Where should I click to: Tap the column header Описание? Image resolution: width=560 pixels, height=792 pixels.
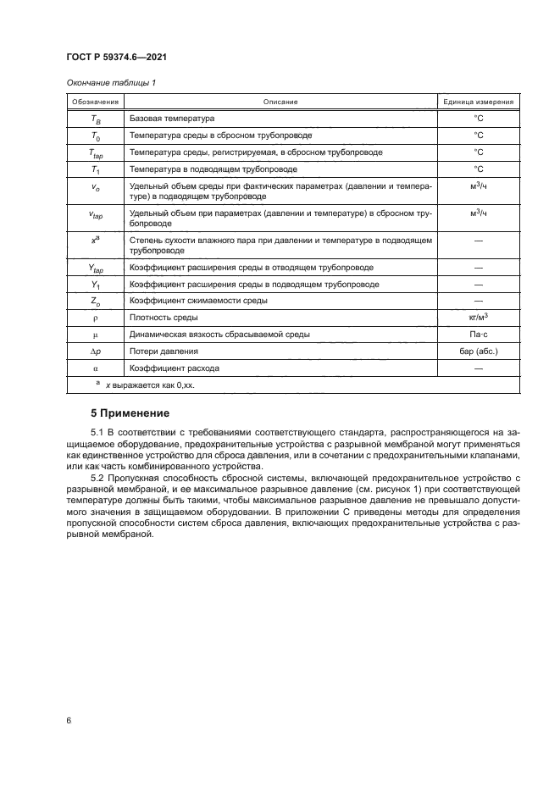pos(280,102)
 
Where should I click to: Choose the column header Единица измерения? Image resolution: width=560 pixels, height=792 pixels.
pos(478,102)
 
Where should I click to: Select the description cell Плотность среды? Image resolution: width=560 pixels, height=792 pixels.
pos(164,318)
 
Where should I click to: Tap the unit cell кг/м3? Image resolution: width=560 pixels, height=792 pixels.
pos(478,317)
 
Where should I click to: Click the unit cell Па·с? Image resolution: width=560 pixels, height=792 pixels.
pos(478,335)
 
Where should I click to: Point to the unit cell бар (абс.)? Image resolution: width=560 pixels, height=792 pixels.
pos(478,352)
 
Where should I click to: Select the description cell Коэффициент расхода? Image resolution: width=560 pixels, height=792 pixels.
pos(174,368)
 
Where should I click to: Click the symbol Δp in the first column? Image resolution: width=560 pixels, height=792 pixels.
pos(95,352)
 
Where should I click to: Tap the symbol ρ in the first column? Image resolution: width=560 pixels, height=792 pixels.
pos(95,318)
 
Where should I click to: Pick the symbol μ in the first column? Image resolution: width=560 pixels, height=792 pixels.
pos(95,335)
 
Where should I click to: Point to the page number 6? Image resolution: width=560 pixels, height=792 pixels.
pos(68,720)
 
